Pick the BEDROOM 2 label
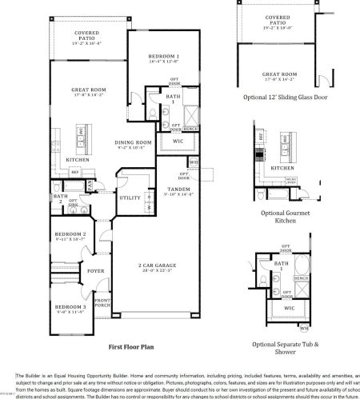[x=73, y=233]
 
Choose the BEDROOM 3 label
[x=73, y=306]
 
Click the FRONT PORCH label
[x=102, y=304]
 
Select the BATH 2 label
[x=59, y=198]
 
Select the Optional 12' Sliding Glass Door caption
[x=285, y=97]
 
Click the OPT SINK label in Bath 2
[x=72, y=202]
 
